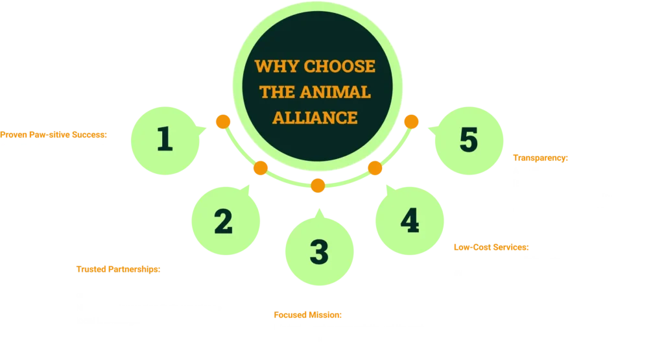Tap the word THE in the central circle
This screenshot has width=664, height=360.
[x=277, y=92]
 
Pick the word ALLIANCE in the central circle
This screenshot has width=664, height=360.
[x=315, y=117]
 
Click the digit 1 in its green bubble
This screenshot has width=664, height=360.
[x=165, y=139]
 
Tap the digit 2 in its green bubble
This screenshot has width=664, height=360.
[x=223, y=222]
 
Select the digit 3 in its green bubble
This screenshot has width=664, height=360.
[x=318, y=252]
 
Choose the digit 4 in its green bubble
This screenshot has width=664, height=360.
[x=409, y=221]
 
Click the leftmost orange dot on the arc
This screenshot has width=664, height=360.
[x=223, y=121]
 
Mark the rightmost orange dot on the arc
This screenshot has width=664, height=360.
[x=411, y=121]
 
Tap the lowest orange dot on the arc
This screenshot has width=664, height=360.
[x=317, y=186]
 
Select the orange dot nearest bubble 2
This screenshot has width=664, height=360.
[x=261, y=169]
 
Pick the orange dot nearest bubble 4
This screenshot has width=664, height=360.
[x=374, y=169]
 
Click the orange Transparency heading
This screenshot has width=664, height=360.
[x=540, y=158]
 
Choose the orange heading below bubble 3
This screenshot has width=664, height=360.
[x=307, y=316]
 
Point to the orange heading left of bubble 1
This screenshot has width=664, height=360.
[x=54, y=134]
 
